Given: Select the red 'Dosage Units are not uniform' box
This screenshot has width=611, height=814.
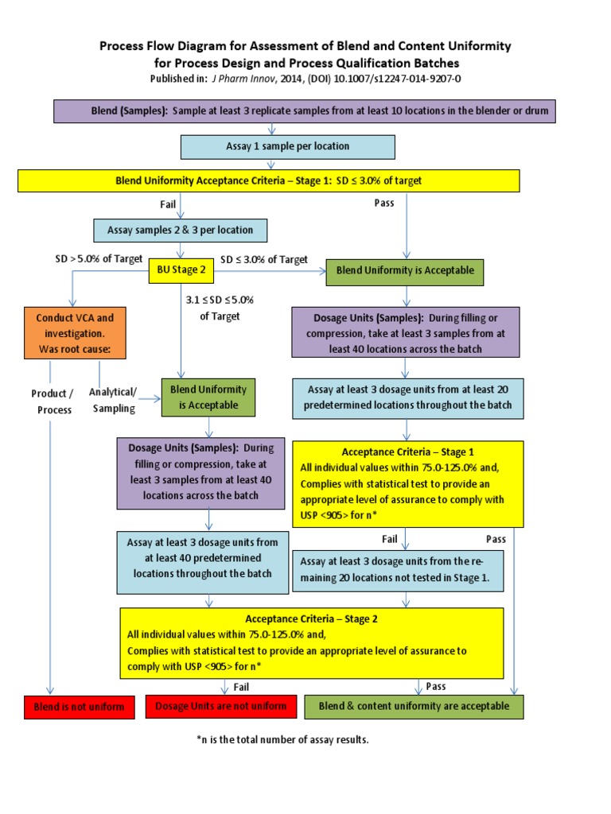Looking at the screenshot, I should point(221,706).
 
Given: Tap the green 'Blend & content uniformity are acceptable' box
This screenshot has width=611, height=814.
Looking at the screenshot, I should point(414,706).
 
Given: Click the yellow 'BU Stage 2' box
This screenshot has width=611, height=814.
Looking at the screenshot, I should point(181,270).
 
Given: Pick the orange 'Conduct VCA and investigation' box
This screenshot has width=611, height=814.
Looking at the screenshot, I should point(75,334).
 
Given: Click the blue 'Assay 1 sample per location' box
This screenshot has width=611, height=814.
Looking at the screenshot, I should point(287,146).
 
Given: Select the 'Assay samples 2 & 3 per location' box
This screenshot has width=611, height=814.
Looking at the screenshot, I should point(180,231).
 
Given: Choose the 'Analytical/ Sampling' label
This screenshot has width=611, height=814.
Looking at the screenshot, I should point(112,400).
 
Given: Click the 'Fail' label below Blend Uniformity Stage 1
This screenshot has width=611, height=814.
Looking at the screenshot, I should point(168,204).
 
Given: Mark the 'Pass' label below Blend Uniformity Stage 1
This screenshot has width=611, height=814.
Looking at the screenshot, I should point(384,203).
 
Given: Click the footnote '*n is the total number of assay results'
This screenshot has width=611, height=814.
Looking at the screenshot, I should point(282,740).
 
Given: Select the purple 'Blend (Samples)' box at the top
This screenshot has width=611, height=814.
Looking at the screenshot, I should point(304,111).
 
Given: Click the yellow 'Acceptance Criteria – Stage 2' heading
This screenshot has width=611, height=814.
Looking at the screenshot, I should point(311,618).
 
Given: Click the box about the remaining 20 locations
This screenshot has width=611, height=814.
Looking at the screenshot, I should point(398,570).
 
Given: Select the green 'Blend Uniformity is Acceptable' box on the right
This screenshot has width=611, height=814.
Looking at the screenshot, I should point(405,270).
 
